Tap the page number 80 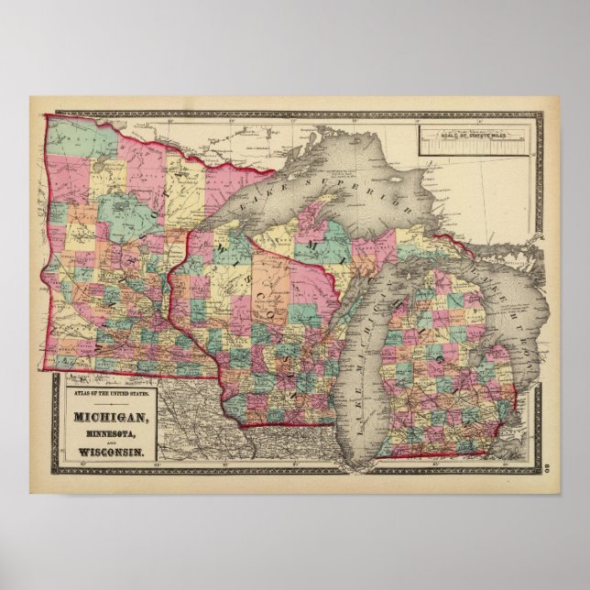[546, 469]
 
